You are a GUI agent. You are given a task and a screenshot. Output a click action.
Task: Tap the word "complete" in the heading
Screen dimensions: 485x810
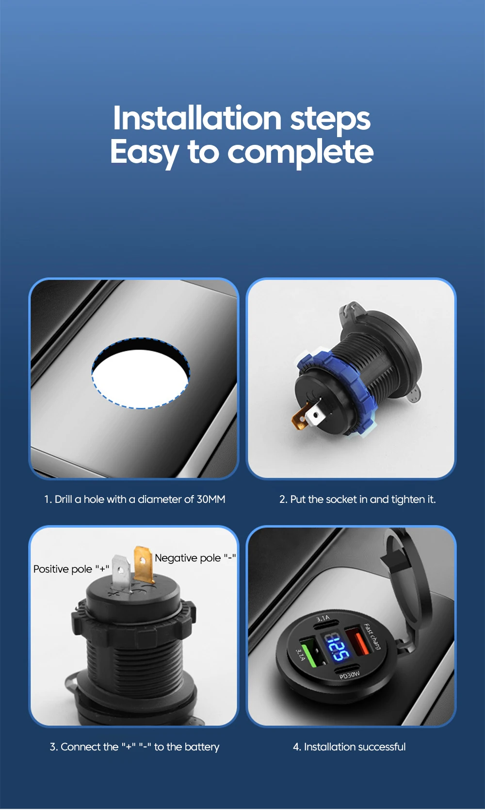coord(300,152)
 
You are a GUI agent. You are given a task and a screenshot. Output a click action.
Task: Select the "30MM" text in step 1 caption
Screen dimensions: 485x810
coord(210,499)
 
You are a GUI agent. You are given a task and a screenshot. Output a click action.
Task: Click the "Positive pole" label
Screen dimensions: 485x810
coord(63,569)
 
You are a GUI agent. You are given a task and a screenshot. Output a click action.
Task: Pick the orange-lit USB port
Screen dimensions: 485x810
coord(358,642)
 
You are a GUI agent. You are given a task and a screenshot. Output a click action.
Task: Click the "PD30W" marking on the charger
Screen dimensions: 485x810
coord(350,675)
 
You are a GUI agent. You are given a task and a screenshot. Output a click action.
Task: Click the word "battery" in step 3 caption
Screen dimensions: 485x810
coord(202,747)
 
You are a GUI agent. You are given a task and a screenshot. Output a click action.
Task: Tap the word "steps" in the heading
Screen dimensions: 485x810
coord(330,119)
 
